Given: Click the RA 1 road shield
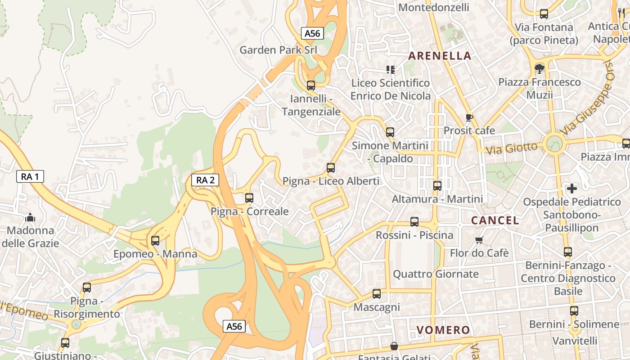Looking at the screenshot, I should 30,176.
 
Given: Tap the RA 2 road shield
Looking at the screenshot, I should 205,180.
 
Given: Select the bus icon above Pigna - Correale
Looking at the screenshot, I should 249,198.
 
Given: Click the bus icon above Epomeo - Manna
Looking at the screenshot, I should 155,240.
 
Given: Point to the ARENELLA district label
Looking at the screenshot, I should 439,56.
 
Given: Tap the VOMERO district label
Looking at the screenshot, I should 443,330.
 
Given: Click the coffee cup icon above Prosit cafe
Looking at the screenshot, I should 469,117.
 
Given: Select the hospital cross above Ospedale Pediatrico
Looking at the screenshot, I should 571,188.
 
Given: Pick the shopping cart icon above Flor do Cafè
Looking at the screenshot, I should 479,240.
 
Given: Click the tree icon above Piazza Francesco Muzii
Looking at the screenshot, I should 539,69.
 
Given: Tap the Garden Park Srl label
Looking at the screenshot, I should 278,49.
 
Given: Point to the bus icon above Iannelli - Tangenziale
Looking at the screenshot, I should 310,85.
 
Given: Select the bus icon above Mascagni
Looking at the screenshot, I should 377,294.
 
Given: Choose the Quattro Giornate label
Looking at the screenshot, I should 436,274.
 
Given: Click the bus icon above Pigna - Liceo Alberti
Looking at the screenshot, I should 331,168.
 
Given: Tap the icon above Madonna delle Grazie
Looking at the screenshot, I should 30,218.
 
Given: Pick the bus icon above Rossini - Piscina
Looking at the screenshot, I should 414,222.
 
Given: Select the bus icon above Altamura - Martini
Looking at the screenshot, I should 437,185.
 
